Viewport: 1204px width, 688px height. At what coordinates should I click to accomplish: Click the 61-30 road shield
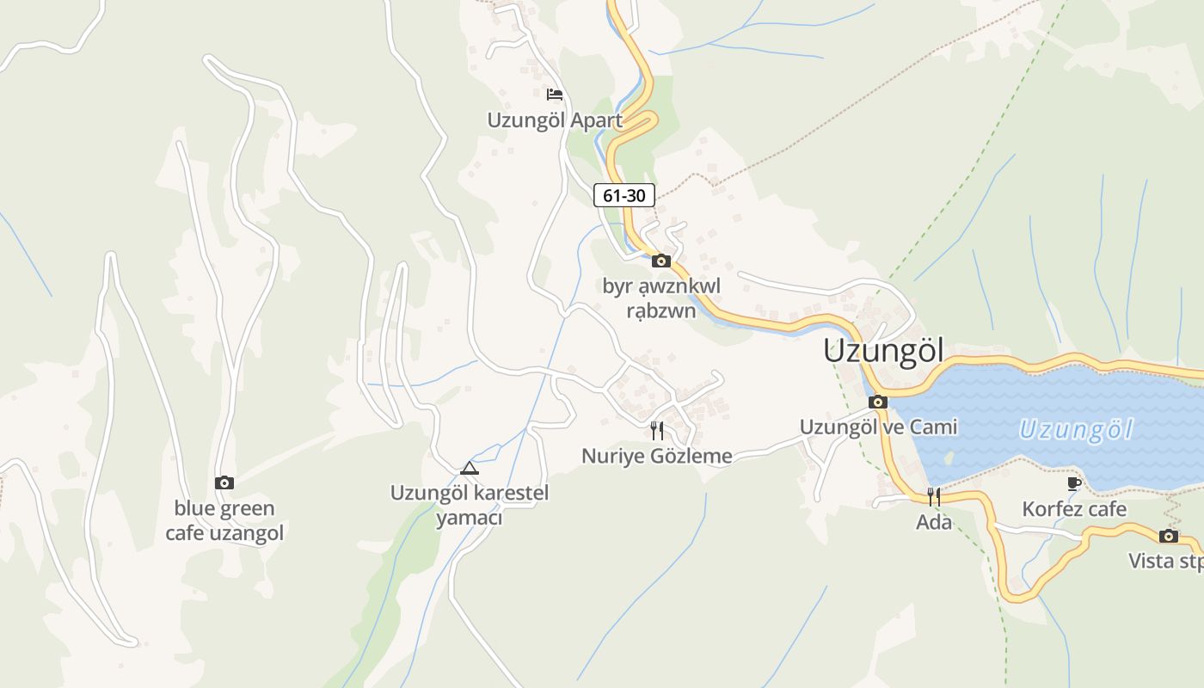[x=624, y=195]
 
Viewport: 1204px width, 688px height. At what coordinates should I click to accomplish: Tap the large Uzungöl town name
[x=883, y=351]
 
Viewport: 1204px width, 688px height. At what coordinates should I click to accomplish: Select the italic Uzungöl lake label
[x=1077, y=429]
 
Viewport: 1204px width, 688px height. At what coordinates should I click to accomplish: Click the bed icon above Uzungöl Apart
[x=555, y=94]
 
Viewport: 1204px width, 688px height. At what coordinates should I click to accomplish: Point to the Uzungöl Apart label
[x=555, y=120]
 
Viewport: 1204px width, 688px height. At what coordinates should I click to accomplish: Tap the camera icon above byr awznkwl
[x=661, y=261]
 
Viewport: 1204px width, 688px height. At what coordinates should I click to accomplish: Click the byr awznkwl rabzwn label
[x=661, y=298]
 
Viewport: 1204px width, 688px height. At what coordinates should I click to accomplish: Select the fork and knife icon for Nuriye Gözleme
[x=657, y=430]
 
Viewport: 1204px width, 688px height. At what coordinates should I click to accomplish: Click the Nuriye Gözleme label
[x=657, y=456]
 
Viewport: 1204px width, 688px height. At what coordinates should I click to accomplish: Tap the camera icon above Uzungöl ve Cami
[x=878, y=402]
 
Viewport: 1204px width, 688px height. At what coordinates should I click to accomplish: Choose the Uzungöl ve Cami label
[x=878, y=427]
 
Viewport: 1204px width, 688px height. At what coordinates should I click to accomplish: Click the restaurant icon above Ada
[x=934, y=496]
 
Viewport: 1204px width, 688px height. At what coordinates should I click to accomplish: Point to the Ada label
[x=934, y=521]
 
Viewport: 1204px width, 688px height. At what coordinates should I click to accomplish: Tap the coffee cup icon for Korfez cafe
[x=1074, y=484]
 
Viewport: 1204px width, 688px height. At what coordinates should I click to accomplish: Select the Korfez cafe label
[x=1074, y=509]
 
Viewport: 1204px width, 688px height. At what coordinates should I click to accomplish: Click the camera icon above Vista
[x=1168, y=536]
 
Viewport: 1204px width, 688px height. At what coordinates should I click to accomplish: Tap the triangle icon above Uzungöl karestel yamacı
[x=469, y=469]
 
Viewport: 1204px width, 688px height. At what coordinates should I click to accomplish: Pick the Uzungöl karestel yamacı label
[x=469, y=506]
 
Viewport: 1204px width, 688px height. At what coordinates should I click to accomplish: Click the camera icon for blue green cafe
[x=224, y=482]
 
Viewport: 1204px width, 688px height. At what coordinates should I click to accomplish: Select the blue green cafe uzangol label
[x=224, y=520]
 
